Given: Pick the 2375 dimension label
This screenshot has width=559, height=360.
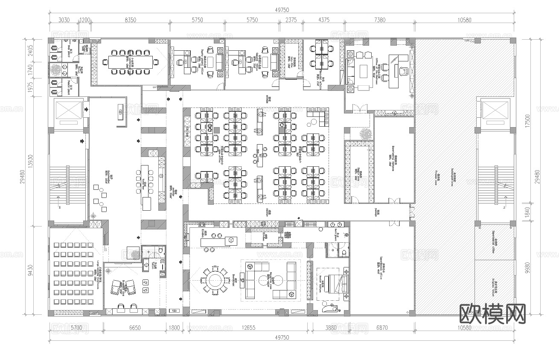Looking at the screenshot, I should point(291,20).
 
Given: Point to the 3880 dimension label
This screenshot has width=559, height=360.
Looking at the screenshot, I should point(331,328).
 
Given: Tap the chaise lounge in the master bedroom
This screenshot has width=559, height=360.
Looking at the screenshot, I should point(330,306).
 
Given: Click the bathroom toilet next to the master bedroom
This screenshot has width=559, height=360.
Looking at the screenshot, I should point(343,253).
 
